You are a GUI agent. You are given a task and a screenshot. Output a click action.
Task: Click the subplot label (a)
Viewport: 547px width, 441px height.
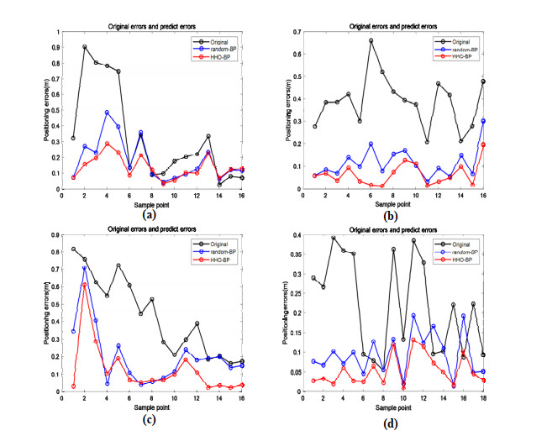coord(149,215)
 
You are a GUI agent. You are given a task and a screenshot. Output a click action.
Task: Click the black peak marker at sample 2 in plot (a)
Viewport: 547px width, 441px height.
coord(85,47)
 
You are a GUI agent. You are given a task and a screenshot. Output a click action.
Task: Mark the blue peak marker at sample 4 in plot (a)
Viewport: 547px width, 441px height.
coord(107,113)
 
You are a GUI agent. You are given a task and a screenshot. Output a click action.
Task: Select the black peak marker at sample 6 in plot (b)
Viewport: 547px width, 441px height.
coord(371,40)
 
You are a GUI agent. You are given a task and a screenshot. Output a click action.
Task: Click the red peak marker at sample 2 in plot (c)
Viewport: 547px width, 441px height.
coord(85,285)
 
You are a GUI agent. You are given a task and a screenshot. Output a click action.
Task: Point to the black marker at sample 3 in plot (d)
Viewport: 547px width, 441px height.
coord(333,238)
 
